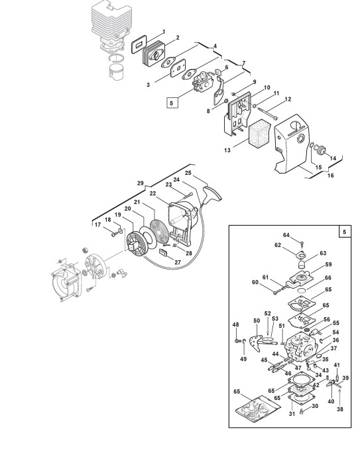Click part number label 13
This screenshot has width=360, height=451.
(x=227, y=150)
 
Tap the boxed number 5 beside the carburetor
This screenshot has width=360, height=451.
(x=172, y=103)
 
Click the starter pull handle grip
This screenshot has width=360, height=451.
(x=213, y=193)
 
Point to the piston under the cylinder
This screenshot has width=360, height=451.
(x=117, y=73)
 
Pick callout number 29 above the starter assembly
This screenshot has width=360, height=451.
(x=141, y=183)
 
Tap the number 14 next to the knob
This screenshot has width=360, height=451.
(x=333, y=158)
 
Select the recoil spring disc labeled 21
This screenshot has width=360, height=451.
(x=160, y=232)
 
